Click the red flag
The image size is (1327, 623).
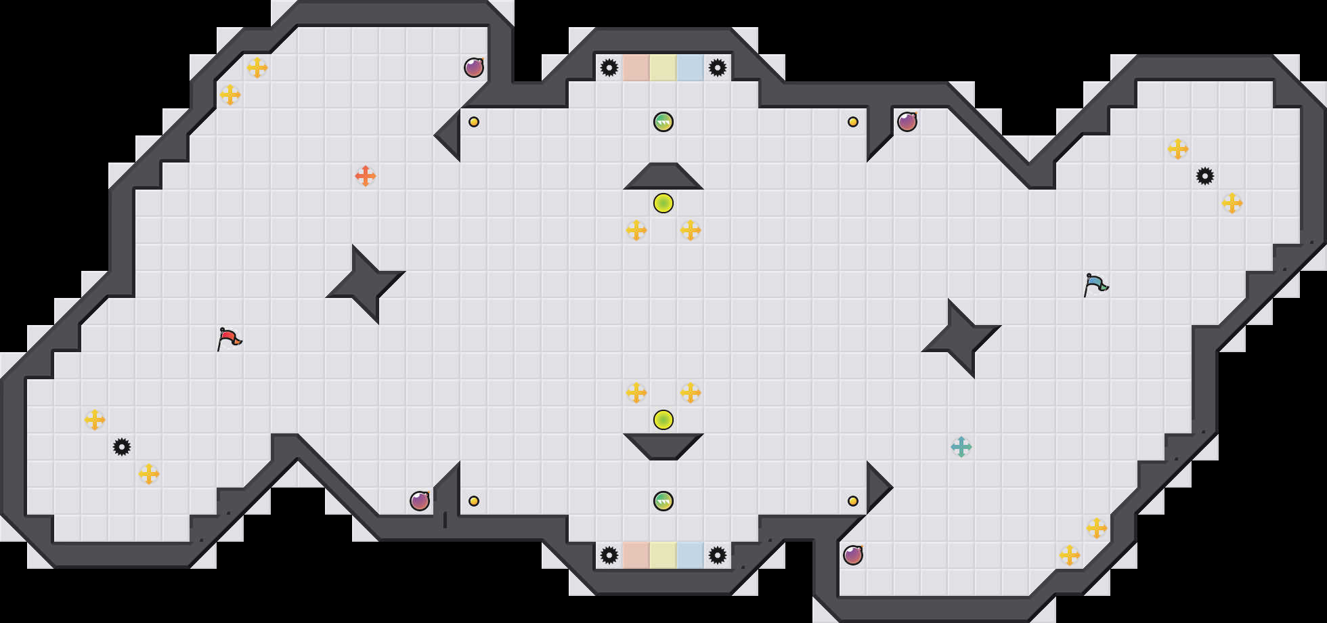pos(229,338)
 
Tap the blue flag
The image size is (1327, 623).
pos(1095,284)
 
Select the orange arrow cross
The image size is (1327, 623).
pos(366,176)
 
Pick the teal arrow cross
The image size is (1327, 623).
pos(961,447)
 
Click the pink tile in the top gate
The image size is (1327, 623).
pos(636,68)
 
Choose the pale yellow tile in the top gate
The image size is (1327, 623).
pos(663,68)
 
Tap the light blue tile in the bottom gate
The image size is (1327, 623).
pos(691,555)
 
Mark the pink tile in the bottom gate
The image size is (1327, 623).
pos(636,555)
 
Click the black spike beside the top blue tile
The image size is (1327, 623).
pos(718,68)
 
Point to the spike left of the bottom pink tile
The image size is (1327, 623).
pos(609,555)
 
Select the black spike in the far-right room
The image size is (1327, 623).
pos(1205,176)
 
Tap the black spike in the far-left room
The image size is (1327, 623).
pos(122,447)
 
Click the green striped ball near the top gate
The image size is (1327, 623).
pos(663,122)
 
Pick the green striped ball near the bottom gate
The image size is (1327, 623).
pos(663,501)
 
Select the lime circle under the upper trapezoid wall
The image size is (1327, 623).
pos(663,203)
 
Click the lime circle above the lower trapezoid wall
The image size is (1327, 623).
pos(663,420)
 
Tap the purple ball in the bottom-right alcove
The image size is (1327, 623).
pos(853,555)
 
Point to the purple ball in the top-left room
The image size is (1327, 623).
pos(474,68)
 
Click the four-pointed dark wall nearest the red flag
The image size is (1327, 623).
pos(366,284)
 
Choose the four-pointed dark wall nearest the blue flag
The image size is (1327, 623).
pos(961,339)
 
